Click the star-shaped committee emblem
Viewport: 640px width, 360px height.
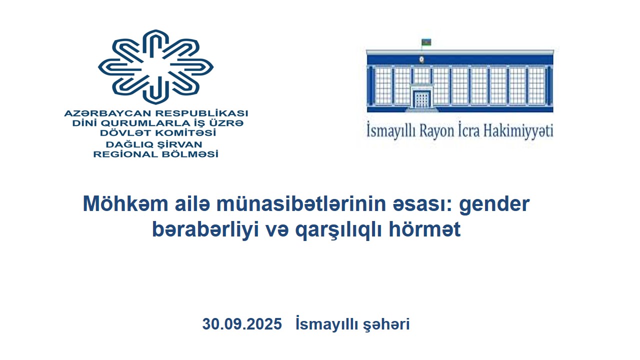point(155,67)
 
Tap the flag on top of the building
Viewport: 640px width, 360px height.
point(426,42)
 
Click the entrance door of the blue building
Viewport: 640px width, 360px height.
point(421,99)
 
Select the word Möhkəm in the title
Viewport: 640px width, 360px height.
point(125,203)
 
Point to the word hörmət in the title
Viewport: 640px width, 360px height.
point(424,229)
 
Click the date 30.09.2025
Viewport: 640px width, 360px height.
point(242,324)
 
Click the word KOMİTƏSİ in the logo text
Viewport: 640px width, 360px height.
point(185,133)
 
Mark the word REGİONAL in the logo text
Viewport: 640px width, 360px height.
point(125,154)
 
